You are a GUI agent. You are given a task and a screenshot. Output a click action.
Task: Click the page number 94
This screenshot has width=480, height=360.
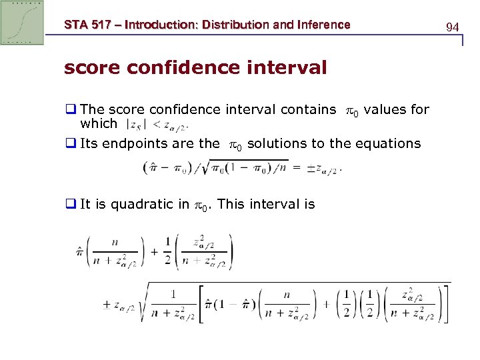452,27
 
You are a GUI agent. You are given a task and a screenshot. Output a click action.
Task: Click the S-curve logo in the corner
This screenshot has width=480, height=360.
22,22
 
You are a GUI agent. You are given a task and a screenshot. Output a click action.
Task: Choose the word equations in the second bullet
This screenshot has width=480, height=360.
390,143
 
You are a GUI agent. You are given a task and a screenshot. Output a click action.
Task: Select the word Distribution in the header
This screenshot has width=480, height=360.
229,25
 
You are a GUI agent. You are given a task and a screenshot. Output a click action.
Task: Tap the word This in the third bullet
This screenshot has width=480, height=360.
231,205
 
